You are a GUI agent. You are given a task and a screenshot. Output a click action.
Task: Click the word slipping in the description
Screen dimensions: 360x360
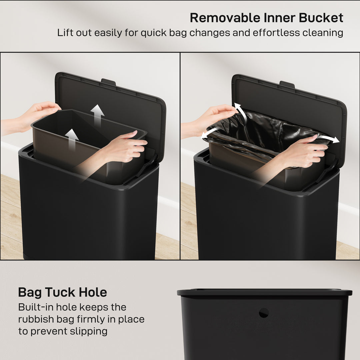[89, 331]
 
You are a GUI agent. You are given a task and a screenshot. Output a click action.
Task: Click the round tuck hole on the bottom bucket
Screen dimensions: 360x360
[264, 313]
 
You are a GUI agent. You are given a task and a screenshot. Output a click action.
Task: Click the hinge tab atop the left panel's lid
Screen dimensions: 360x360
[108, 82]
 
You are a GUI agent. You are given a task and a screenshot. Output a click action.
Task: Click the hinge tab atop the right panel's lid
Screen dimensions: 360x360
[287, 84]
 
